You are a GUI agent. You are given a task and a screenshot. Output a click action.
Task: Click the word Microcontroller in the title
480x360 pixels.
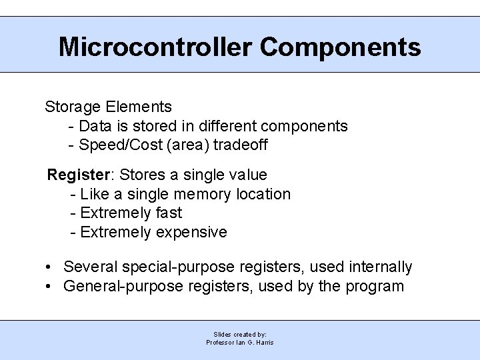tap(155, 47)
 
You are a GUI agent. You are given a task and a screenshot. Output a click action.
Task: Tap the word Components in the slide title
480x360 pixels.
tap(340, 47)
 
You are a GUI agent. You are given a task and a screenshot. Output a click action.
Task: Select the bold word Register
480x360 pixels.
tap(78, 175)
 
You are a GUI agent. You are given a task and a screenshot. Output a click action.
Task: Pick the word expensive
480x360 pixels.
tap(191, 233)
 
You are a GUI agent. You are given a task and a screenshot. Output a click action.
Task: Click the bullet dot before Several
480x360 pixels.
tap(50, 268)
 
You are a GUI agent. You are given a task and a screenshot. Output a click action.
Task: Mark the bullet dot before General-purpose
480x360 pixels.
tap(50, 287)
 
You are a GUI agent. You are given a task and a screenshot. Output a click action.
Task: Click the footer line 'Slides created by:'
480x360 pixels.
tap(240, 334)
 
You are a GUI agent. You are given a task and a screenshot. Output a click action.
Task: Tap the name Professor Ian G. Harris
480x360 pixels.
tap(240, 342)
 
